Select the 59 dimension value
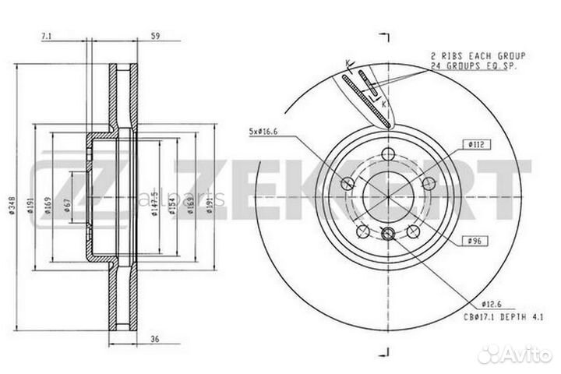(155, 36)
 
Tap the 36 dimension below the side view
(155, 338)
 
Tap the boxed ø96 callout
(475, 242)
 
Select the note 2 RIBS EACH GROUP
(478, 56)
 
